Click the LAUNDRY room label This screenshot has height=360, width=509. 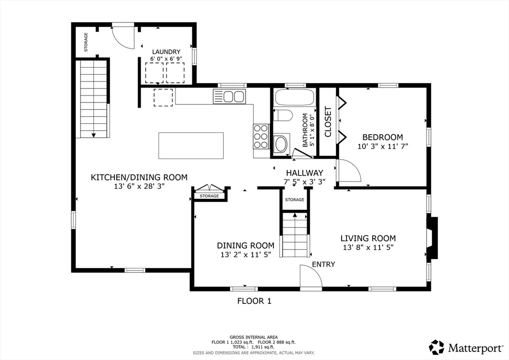pyautogui.click(x=166, y=52)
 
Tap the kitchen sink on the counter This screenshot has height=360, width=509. pyautogui.click(x=229, y=96)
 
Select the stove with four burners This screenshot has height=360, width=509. pyautogui.click(x=261, y=137)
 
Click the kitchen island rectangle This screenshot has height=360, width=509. pyautogui.click(x=191, y=145)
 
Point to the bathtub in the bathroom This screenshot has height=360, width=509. pyautogui.click(x=294, y=97)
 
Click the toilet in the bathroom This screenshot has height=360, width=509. pyautogui.click(x=283, y=115)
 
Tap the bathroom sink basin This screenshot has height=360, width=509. pyautogui.click(x=281, y=144)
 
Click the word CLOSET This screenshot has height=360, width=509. pyautogui.click(x=328, y=122)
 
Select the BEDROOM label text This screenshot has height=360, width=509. pyautogui.click(x=383, y=137)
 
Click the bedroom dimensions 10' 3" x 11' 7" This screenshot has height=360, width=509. pyautogui.click(x=383, y=146)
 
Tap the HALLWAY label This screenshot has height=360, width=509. pyautogui.click(x=305, y=173)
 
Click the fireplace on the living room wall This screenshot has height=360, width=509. pyautogui.click(x=433, y=238)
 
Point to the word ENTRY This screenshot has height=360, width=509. pyautogui.click(x=323, y=264)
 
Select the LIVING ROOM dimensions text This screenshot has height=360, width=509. pyautogui.click(x=368, y=247)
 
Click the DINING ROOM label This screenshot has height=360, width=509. pyautogui.click(x=246, y=246)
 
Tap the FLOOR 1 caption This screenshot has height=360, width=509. pyautogui.click(x=254, y=301)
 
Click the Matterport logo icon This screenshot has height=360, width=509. pyautogui.click(x=436, y=348)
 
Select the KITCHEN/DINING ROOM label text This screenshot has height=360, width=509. pyautogui.click(x=139, y=177)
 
